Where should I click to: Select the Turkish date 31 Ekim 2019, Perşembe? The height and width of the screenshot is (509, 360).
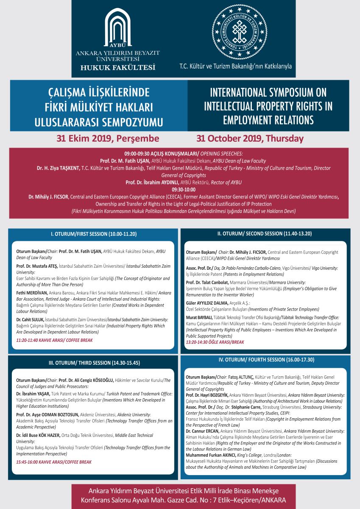[108, 138]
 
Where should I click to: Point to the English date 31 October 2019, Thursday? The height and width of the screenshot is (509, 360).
[250, 138]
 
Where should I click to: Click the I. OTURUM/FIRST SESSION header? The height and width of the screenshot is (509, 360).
[94, 234]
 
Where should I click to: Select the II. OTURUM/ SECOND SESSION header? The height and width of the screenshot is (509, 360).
[266, 234]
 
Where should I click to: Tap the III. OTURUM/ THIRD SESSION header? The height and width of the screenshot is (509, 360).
[93, 363]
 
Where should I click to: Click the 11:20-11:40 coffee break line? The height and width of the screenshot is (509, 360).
[54, 340]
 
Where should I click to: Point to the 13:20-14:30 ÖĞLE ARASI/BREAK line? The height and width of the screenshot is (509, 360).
[215, 341]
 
